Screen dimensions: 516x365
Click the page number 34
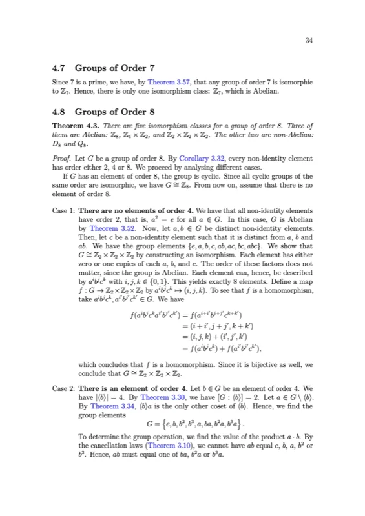[x=309, y=41]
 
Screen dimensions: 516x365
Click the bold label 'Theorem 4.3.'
[x=72, y=125]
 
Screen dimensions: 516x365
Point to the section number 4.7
[x=59, y=68]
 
